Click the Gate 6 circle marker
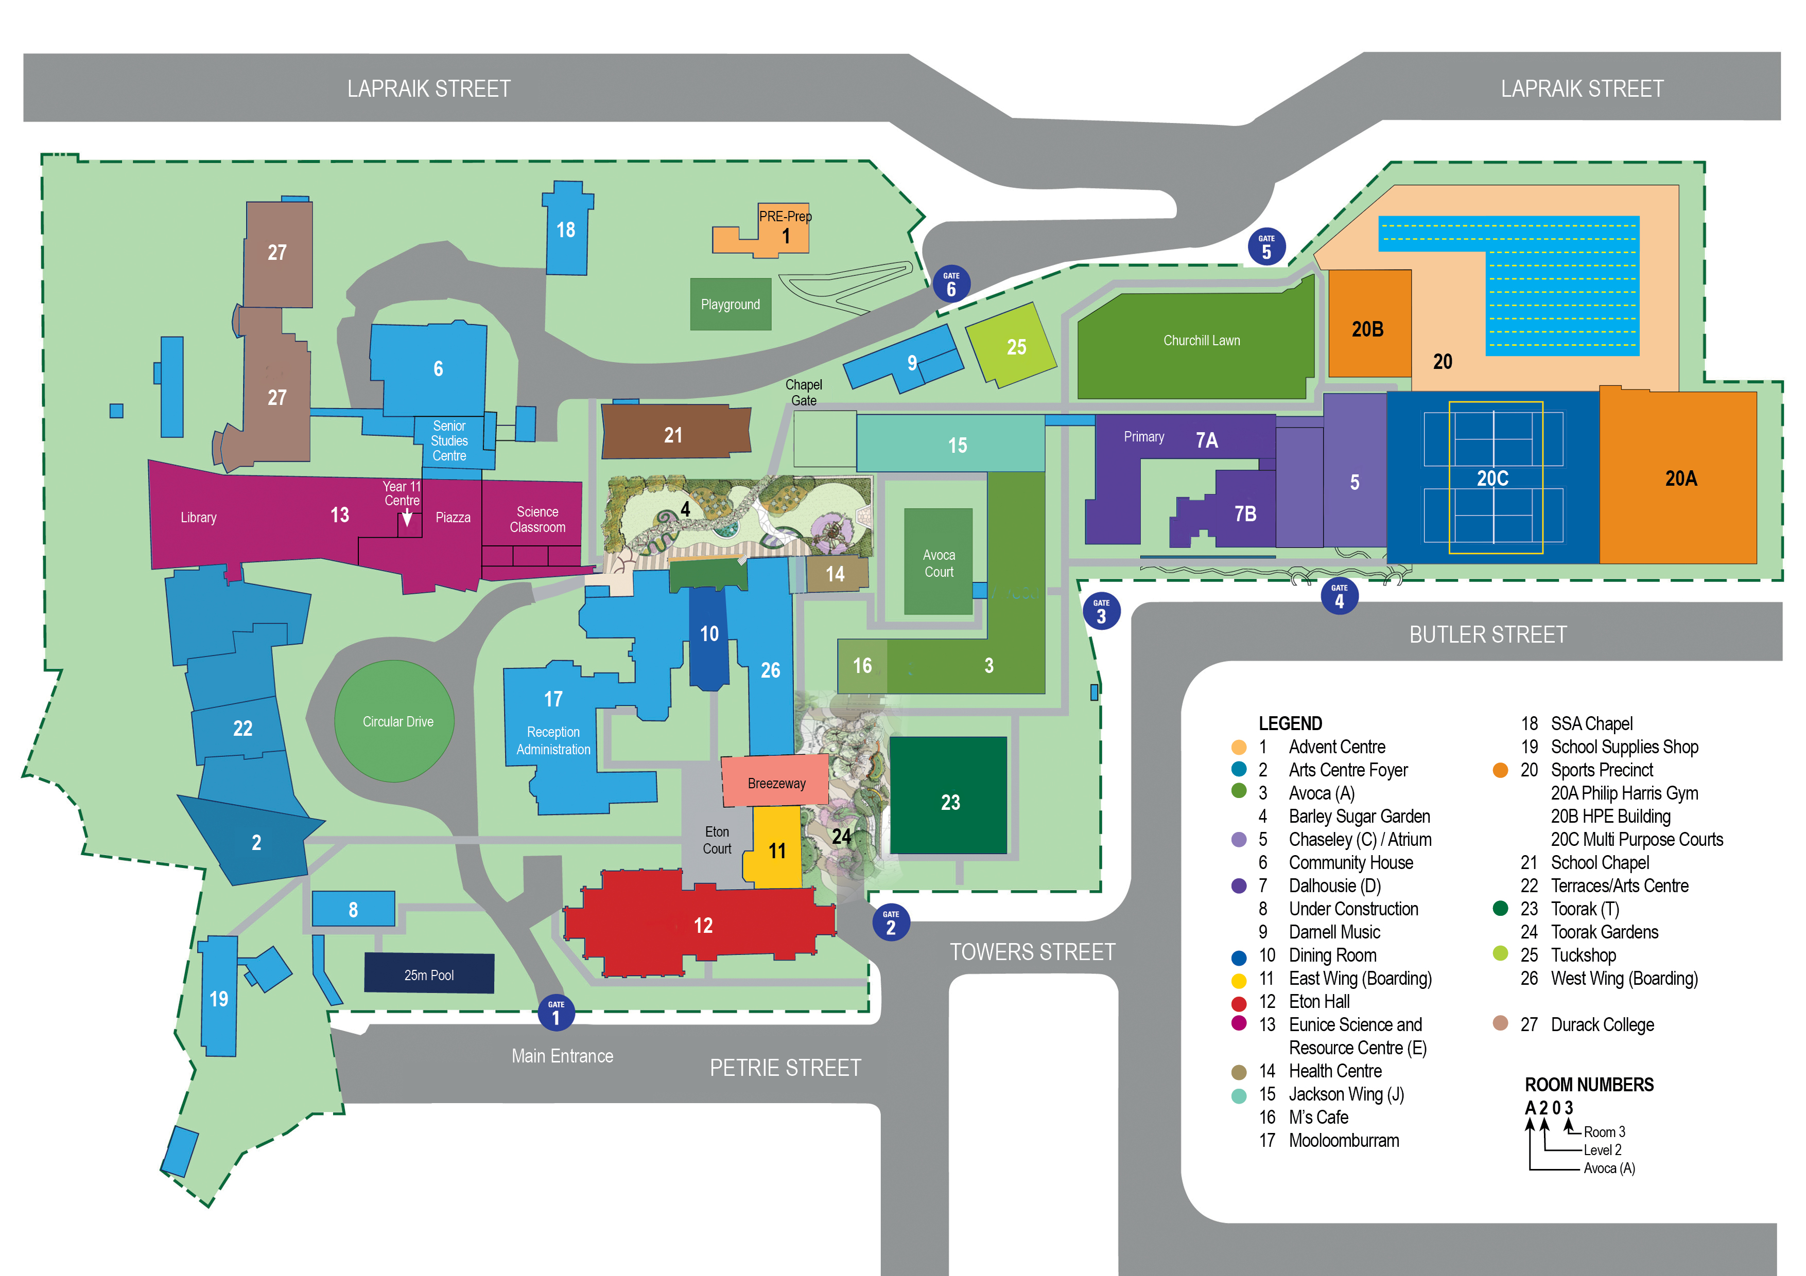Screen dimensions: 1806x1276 (951, 284)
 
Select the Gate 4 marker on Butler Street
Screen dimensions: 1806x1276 (1340, 596)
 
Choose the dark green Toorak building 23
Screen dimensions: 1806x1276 (949, 795)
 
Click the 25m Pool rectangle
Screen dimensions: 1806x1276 (429, 973)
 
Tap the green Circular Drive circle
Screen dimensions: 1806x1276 (395, 721)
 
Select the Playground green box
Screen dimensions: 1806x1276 (731, 304)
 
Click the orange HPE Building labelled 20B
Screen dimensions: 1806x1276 (1369, 324)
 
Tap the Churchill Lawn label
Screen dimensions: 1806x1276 (1201, 341)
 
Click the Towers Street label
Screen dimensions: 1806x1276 (1032, 952)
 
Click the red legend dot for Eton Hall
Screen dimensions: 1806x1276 (1239, 1003)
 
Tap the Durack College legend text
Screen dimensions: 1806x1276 (1602, 1024)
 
